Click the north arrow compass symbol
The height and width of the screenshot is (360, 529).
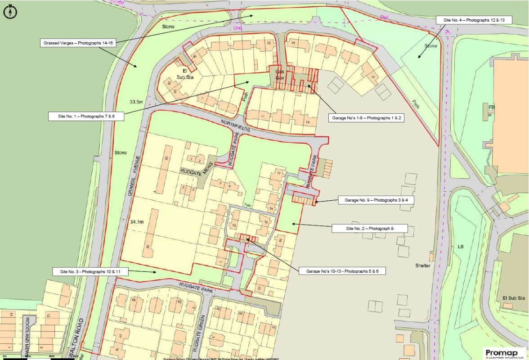tap(10, 12)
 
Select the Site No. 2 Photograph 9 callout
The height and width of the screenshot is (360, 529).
tap(370, 229)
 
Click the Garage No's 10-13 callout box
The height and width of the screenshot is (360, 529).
tap(341, 271)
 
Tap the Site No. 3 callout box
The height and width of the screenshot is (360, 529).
tap(89, 272)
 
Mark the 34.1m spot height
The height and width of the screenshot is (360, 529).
tap(137, 222)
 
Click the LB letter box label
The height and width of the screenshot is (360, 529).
tap(460, 247)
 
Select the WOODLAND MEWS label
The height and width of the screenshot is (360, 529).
tap(27, 333)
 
